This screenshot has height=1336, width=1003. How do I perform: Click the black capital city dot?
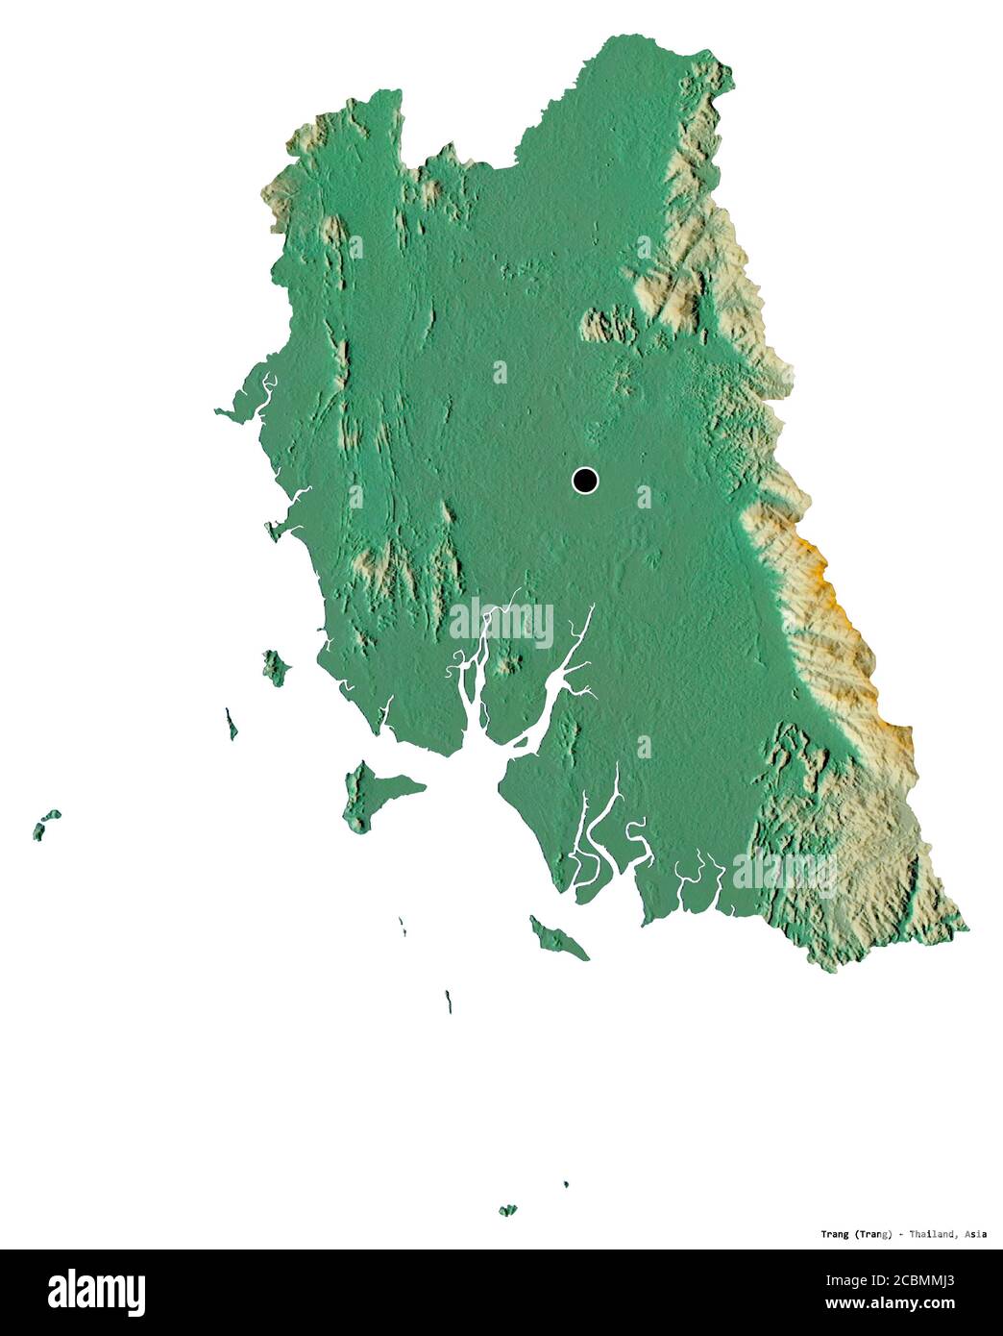pos(584,480)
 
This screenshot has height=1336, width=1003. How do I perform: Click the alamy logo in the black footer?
pos(96,1292)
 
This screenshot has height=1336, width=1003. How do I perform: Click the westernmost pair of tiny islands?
pos(45,824)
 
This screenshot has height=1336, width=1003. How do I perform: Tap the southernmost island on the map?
pos(507,1209)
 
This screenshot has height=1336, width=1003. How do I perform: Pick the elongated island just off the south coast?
pos(558,938)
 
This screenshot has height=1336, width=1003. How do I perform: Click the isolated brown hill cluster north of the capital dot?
pos(611,326)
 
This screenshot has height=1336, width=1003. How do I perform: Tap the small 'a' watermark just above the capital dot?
pos(500,372)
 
